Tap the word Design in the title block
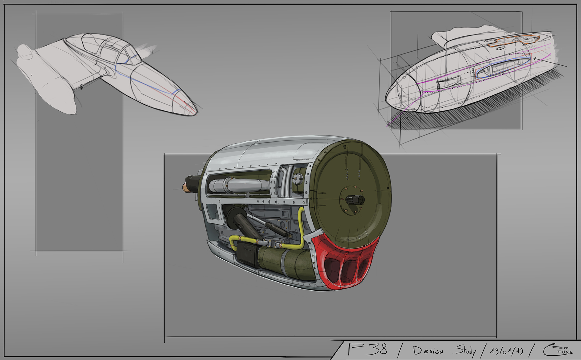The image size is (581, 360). [428, 351]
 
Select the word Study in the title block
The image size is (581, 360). [465, 351]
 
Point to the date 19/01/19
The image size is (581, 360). [507, 351]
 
